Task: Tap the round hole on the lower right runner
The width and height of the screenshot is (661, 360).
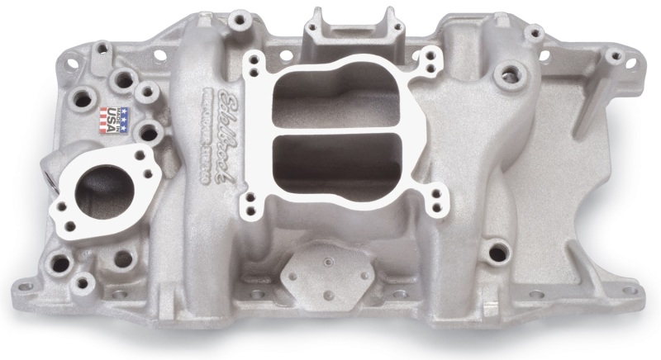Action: tap(498, 249)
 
